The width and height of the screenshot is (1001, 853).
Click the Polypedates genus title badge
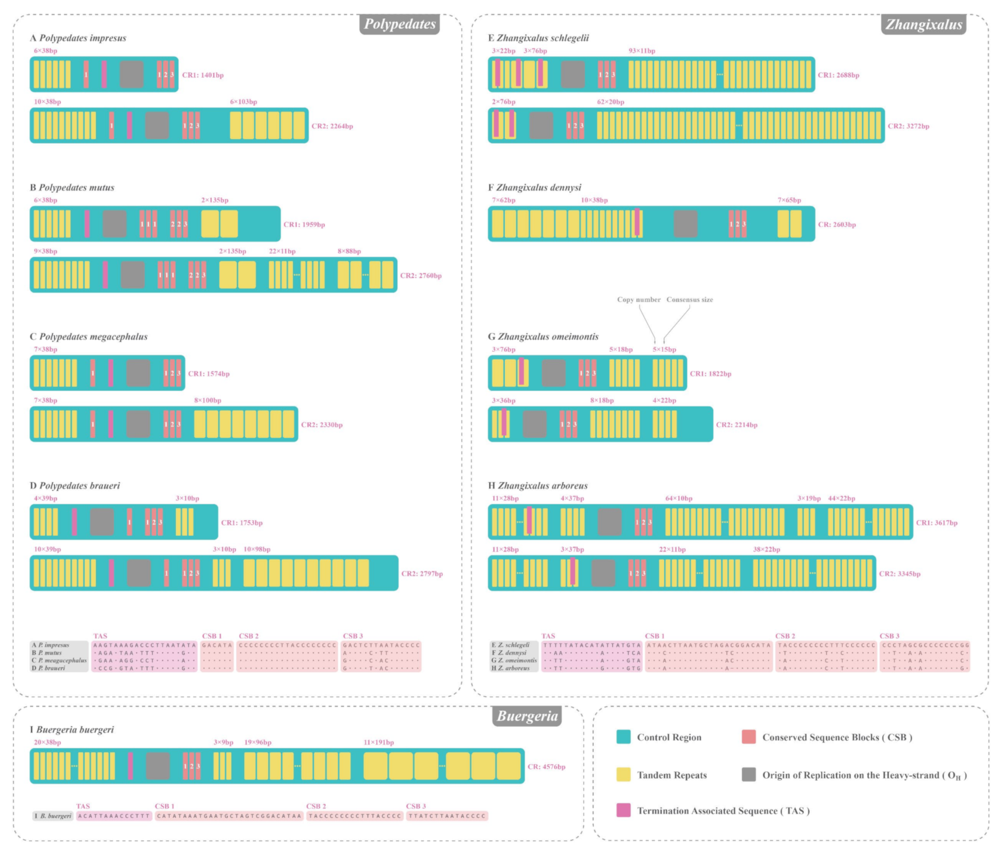click(x=400, y=24)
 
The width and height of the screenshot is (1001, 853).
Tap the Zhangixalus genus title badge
click(x=923, y=24)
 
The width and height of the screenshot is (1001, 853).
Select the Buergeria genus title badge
click(x=527, y=716)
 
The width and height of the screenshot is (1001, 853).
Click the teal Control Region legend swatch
click(x=623, y=737)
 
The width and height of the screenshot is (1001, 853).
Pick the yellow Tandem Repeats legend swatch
click(x=623, y=775)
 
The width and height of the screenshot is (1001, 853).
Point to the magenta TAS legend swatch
click(x=623, y=810)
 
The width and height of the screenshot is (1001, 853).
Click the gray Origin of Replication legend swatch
click(x=748, y=775)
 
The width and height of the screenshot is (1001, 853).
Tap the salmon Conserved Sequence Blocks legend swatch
click(x=748, y=737)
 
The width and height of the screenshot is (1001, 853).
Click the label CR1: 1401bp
click(x=202, y=75)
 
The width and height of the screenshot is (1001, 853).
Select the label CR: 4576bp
click(x=546, y=766)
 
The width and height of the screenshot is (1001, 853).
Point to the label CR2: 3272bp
click(x=908, y=126)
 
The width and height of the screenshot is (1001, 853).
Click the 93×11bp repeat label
click(x=642, y=51)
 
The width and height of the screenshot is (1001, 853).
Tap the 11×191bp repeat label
click(x=379, y=742)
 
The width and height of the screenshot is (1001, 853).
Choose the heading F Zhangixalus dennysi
click(x=535, y=187)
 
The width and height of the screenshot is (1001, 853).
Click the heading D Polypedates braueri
click(x=75, y=486)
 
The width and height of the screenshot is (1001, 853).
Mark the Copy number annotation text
click(x=638, y=300)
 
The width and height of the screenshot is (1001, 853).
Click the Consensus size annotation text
click(x=690, y=300)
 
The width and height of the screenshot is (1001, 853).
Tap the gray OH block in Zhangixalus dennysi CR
click(x=685, y=223)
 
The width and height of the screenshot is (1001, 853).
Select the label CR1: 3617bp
click(x=937, y=522)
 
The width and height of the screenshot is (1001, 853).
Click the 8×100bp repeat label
click(x=208, y=401)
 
